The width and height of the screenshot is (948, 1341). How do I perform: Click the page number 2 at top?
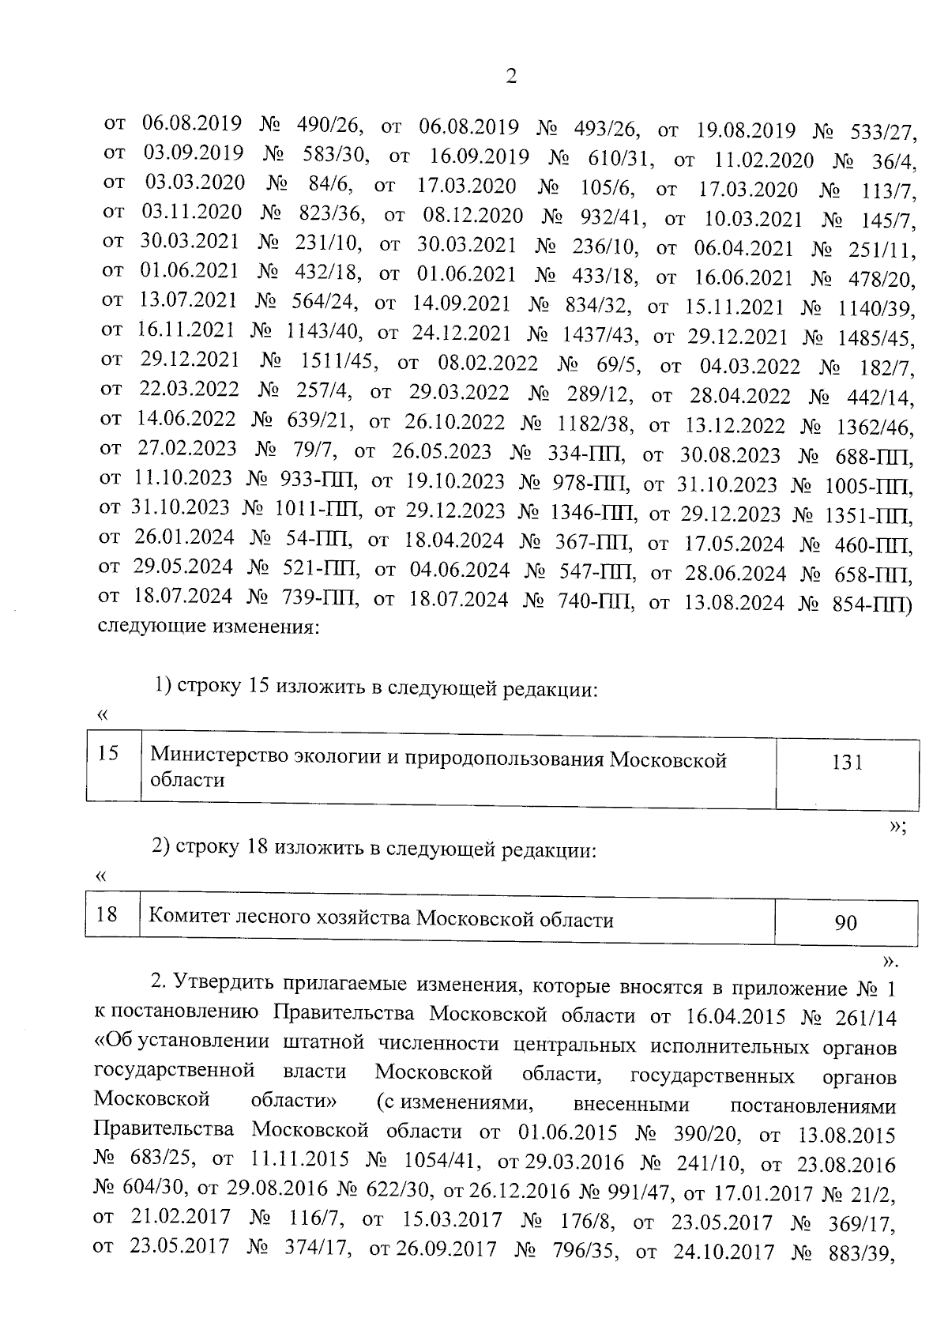510,77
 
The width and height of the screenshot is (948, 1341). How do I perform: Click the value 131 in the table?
846,763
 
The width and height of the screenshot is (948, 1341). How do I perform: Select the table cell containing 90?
845,922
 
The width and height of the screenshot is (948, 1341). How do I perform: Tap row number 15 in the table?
109,753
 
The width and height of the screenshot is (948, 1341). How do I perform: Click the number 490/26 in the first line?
329,125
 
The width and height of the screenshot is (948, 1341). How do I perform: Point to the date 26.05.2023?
441,453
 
